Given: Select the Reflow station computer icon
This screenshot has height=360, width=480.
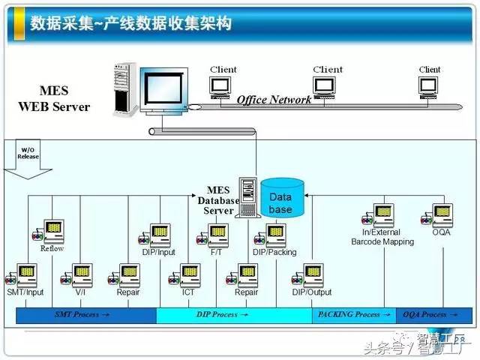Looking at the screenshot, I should pos(52,231).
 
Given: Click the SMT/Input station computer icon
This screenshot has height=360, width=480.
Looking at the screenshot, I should pos(25,274).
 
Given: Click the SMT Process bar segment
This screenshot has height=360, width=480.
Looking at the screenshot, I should pos(86,315).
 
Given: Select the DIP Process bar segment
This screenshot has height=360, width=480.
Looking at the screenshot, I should pos(234,315).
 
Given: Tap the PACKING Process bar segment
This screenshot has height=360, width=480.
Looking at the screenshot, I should pos(353,315).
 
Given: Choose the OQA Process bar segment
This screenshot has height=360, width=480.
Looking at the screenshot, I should pos(428,315).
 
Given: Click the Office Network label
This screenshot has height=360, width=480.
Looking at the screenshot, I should pos(274,100).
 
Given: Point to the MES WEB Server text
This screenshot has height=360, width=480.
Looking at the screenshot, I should pos(54,99).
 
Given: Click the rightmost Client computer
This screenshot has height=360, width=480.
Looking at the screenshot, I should pos(430,85).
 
